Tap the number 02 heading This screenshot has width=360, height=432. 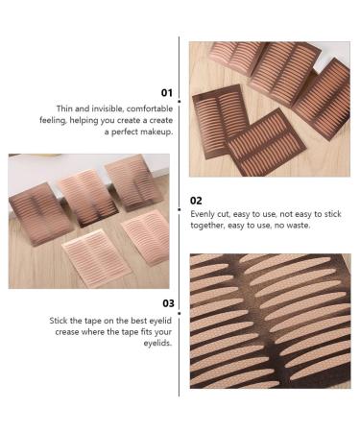(x=197, y=201)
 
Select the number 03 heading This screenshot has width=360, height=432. (x=165, y=301)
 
